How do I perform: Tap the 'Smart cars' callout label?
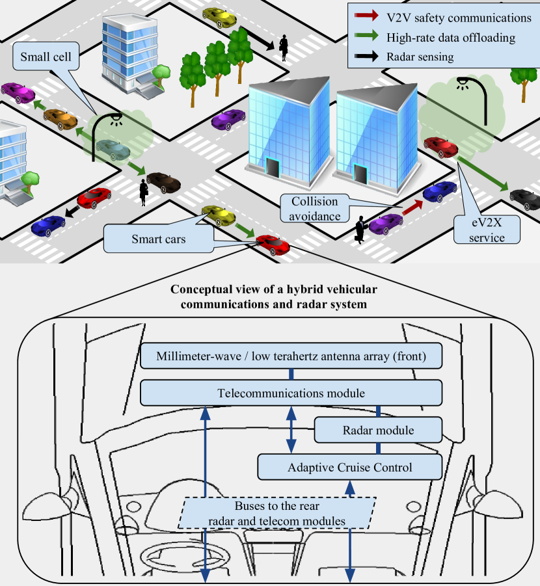coord(159,239)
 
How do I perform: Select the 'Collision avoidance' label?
coord(315,208)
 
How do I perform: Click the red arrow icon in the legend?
coord(369,18)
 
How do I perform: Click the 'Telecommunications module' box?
coord(291,393)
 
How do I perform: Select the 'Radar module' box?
coord(378,430)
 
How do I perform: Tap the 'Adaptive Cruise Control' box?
coord(350,467)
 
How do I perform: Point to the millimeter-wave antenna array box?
coord(291,356)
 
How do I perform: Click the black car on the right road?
coord(524,195)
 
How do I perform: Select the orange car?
coord(60,118)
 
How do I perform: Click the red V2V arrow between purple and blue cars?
coord(412,207)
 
